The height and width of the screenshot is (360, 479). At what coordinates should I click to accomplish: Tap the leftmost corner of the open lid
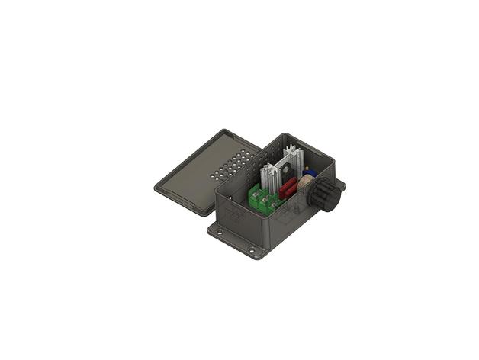pos(156,188)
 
